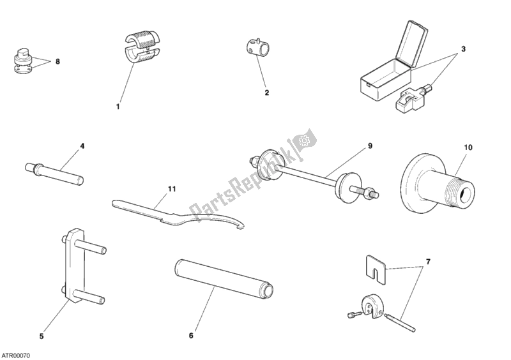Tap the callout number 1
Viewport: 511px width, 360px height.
[x=118, y=107]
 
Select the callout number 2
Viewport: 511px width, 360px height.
[x=267, y=92]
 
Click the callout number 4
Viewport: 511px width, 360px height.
[x=82, y=146]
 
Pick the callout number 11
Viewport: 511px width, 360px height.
[x=171, y=189]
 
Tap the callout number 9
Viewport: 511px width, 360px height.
[x=369, y=146]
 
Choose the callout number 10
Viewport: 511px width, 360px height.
[x=468, y=147]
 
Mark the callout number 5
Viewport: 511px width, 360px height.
[x=42, y=336]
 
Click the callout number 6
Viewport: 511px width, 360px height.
[x=190, y=334]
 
